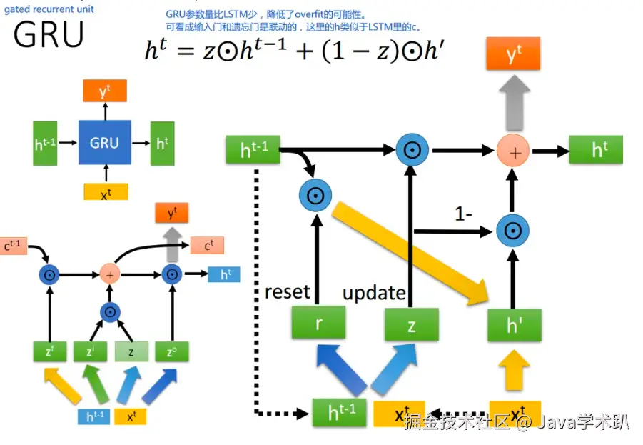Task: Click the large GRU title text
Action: [49, 34]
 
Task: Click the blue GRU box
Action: [104, 143]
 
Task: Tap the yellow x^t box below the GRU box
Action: [106, 193]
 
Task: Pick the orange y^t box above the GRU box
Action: [105, 91]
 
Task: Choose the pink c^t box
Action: [207, 246]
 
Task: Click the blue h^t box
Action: [224, 274]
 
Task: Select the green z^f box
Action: [49, 351]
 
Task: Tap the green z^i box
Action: [91, 351]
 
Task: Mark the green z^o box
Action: [172, 351]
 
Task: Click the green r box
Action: [318, 323]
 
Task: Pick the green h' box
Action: [513, 325]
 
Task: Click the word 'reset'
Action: [287, 291]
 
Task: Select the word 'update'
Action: [374, 293]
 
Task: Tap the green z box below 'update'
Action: [411, 326]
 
